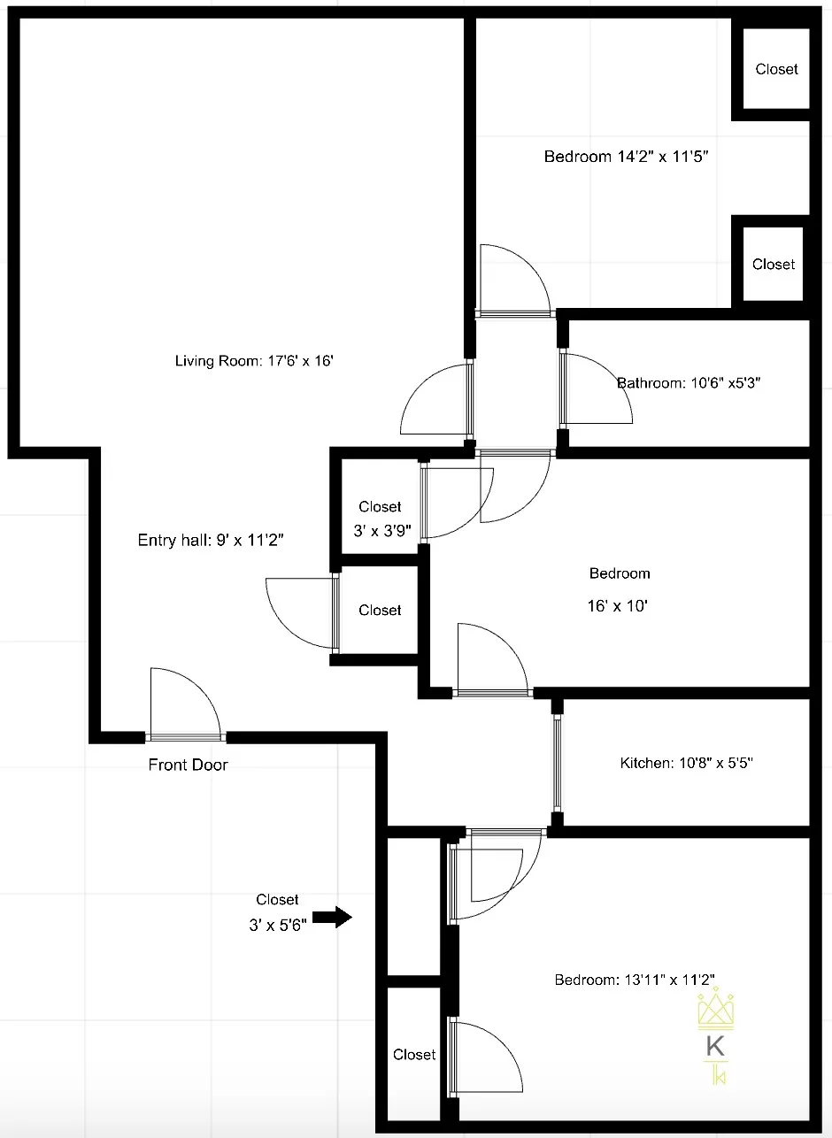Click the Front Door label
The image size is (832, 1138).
click(x=188, y=765)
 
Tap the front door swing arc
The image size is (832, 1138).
click(x=201, y=683)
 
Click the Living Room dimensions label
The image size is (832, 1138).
click(x=254, y=361)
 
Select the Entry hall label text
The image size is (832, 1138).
click(x=211, y=540)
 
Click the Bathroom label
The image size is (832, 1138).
click(x=688, y=382)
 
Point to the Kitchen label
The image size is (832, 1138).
click(x=686, y=763)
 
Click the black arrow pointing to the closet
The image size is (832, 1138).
click(x=332, y=918)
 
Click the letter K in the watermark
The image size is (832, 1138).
click(x=715, y=1046)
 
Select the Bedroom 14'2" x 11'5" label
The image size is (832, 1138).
click(x=626, y=156)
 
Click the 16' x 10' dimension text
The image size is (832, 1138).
click(x=617, y=605)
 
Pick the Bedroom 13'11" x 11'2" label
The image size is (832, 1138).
click(x=635, y=980)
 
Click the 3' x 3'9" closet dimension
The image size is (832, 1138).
click(x=382, y=530)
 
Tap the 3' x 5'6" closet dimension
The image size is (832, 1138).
click(x=278, y=925)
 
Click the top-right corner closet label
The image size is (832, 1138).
click(x=776, y=69)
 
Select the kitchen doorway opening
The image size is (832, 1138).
click(x=557, y=763)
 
